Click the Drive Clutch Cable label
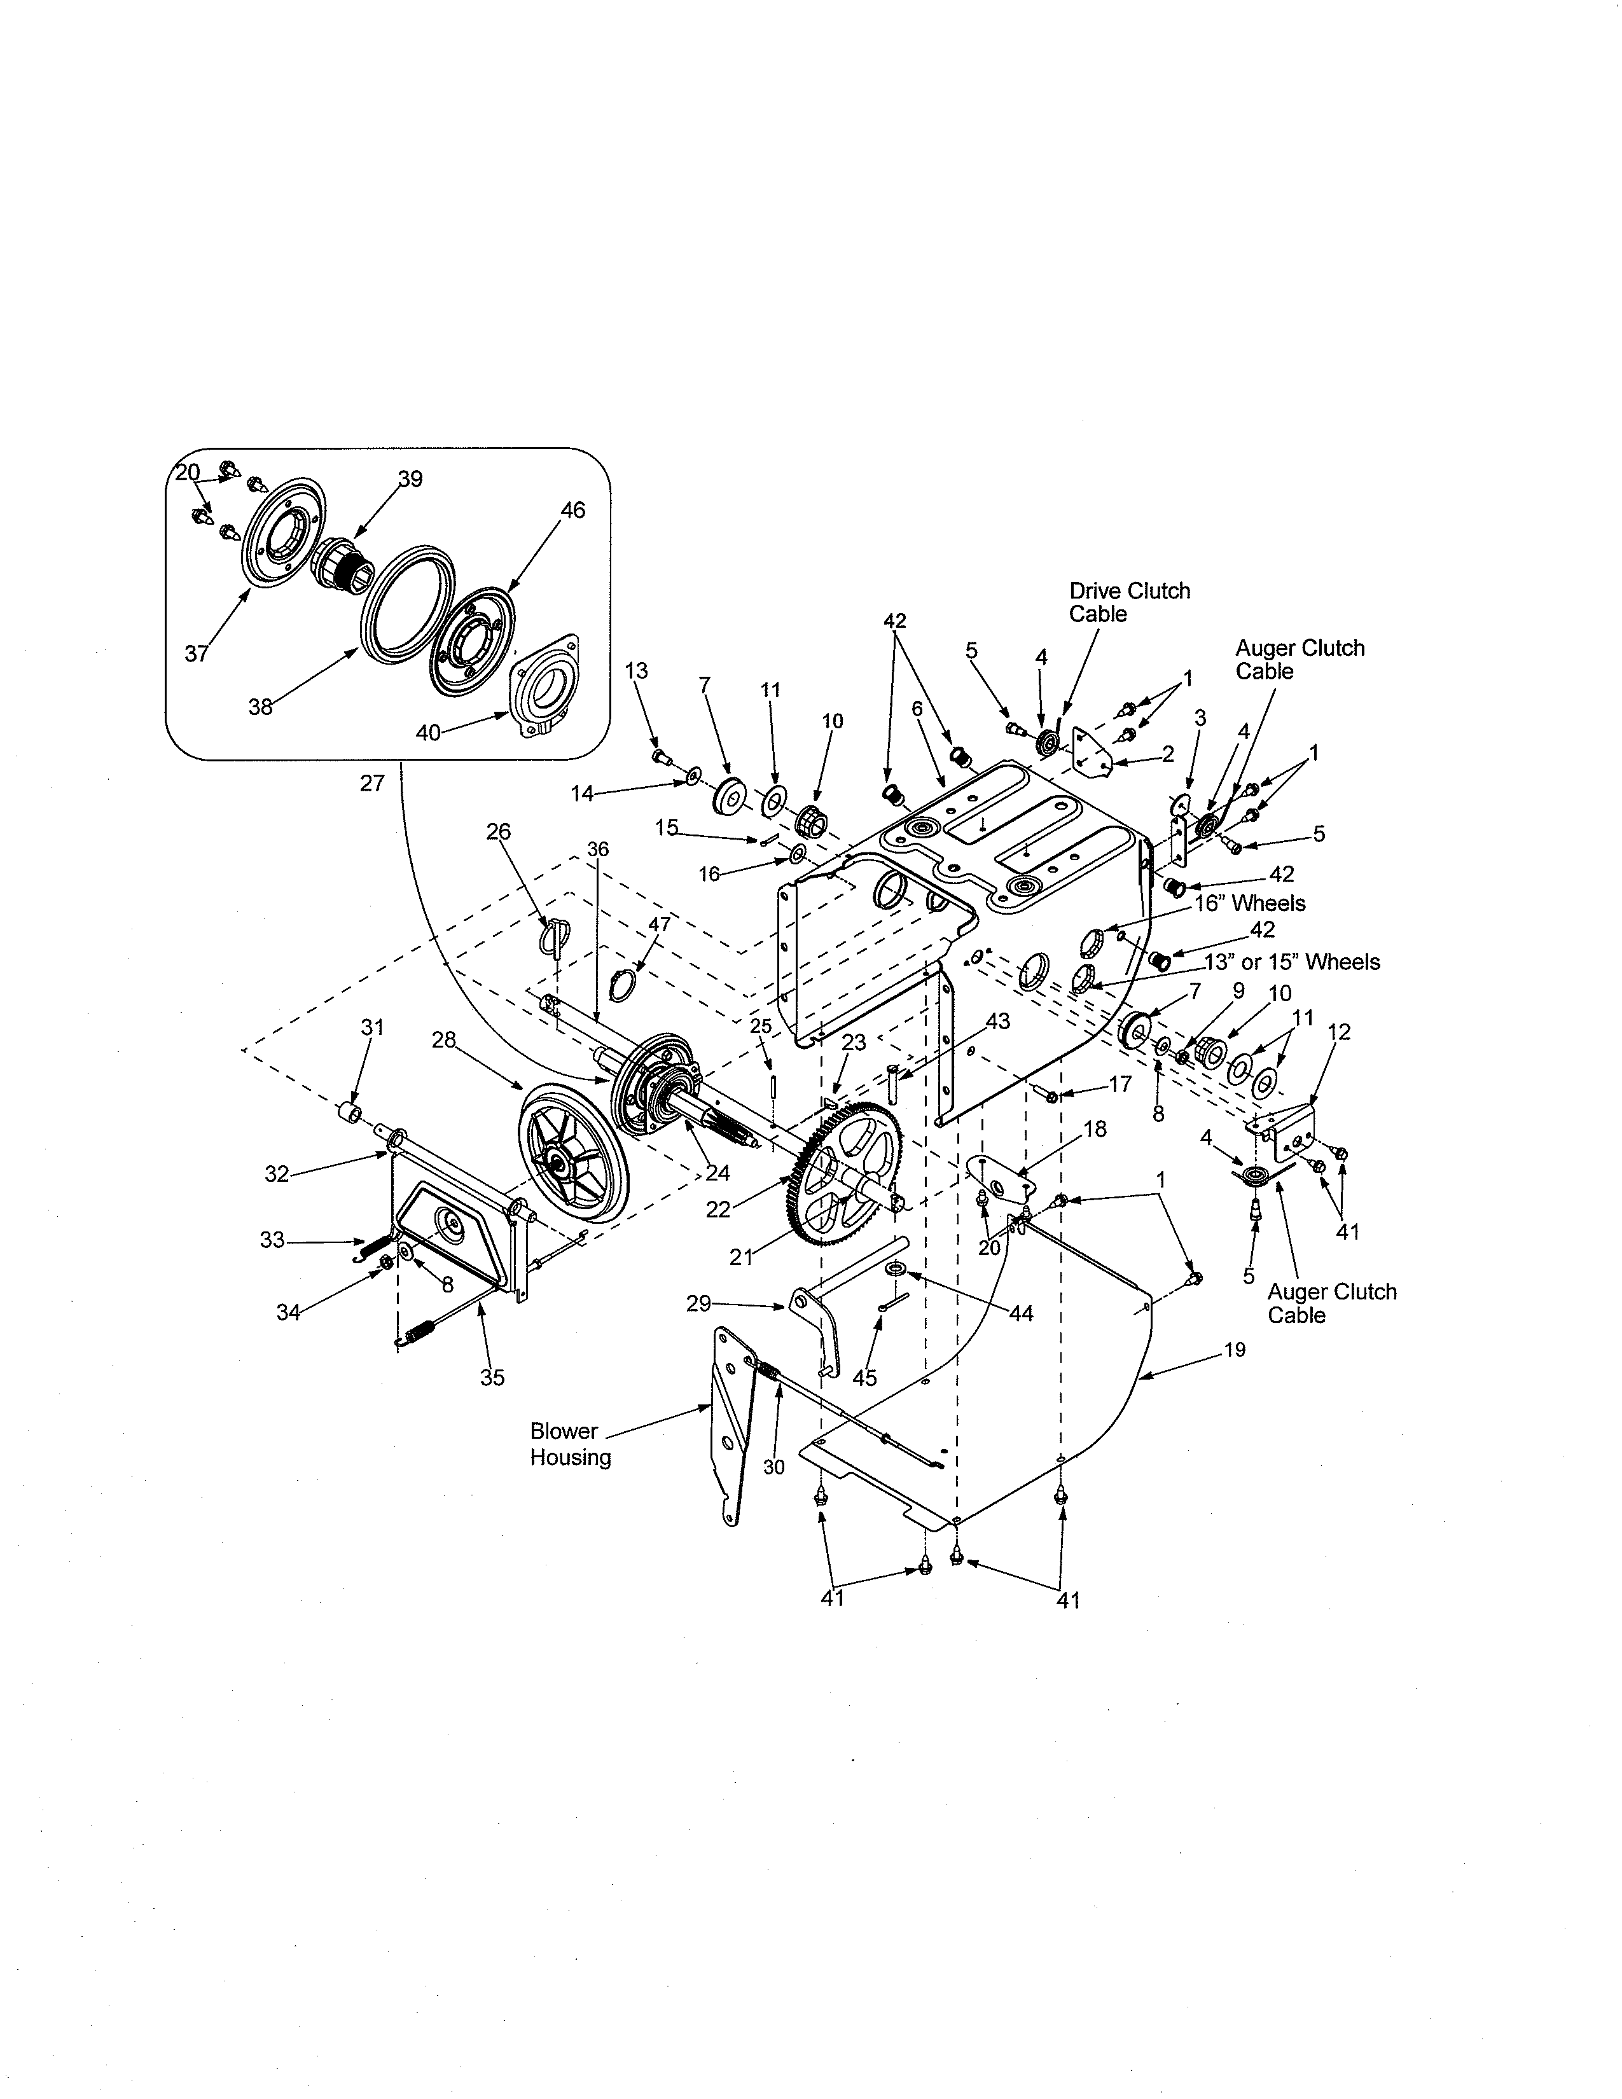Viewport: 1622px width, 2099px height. point(1129,602)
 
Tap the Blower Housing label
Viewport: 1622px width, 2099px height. point(570,1444)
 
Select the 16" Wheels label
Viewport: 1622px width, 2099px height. point(1249,903)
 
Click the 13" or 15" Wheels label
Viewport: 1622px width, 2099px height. point(1291,962)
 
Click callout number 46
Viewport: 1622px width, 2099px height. point(572,510)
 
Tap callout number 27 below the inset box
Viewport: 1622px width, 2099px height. point(372,783)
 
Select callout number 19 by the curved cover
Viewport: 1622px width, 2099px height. point(1235,1349)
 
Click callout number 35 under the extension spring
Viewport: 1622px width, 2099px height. point(492,1377)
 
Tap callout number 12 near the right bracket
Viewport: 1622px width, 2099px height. point(1338,1032)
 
